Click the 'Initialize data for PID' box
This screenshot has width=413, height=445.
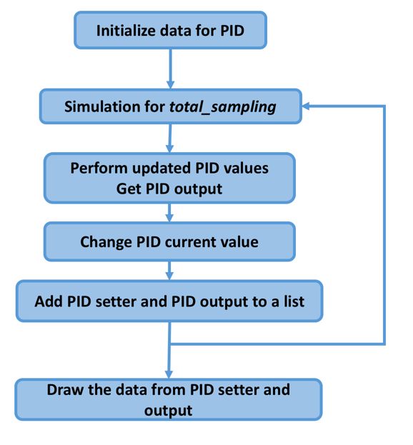(170, 30)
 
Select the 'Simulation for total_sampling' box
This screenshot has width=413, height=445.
(170, 106)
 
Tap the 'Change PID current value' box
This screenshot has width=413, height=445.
(169, 241)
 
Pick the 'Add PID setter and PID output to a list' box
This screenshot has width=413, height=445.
(169, 301)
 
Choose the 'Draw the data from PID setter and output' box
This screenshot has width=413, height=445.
(169, 399)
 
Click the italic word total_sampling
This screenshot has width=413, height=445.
(222, 107)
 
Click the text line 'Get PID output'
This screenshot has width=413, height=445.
(169, 189)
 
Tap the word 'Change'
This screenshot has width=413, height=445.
(106, 242)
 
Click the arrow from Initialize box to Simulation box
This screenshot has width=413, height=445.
(170, 69)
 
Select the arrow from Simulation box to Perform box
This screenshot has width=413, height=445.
(170, 139)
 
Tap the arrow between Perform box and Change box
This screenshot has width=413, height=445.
(169, 213)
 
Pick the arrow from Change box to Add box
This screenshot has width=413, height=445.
(169, 271)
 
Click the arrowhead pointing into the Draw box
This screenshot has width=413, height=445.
(169, 374)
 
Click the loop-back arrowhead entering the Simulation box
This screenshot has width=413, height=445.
(306, 106)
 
